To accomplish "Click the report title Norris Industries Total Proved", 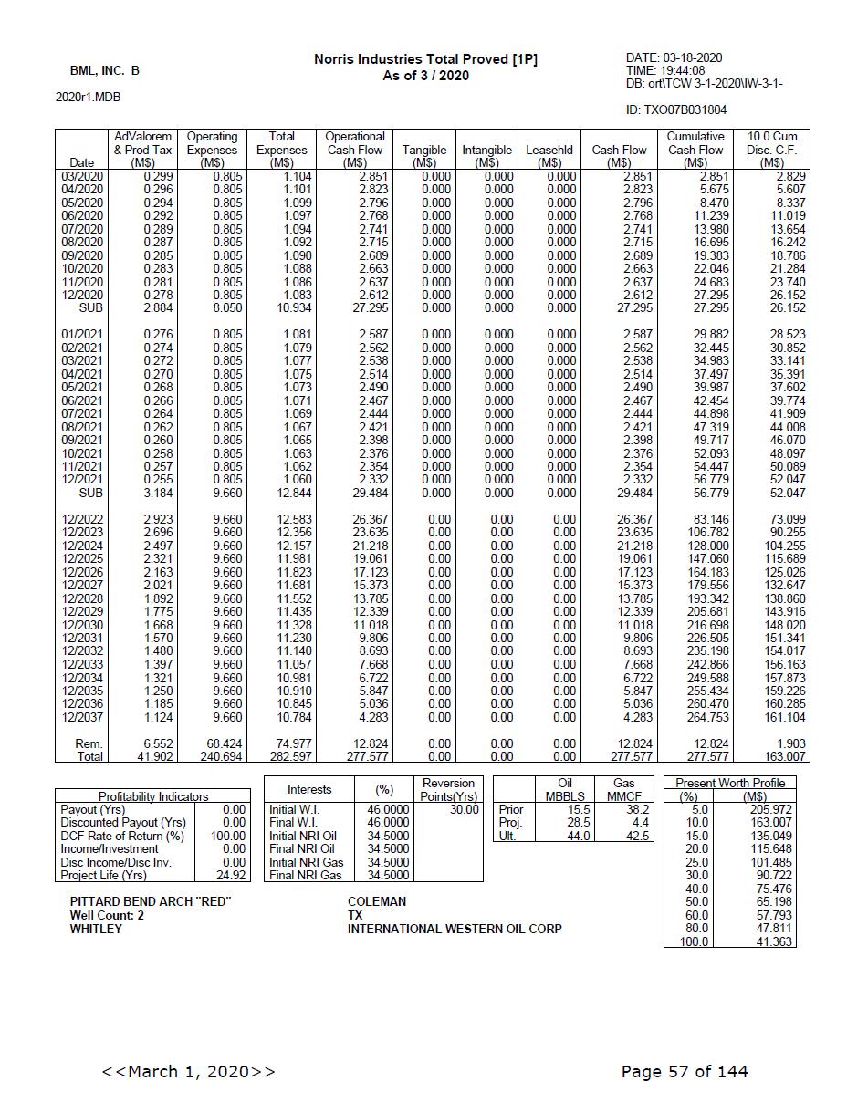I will point(425,59).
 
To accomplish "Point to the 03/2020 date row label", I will point(82,176).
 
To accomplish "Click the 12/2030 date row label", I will point(82,625).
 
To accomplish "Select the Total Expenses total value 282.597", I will point(283,757).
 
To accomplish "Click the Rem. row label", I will point(89,743).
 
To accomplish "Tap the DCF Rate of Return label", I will point(122,836).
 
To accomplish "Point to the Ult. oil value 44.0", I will point(578,836).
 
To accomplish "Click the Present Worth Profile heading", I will point(729,783).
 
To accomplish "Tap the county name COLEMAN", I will point(376,901).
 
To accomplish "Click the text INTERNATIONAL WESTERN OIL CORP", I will point(455,929).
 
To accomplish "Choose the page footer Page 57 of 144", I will point(684,1071).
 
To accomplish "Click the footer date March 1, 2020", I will point(188,1071).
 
